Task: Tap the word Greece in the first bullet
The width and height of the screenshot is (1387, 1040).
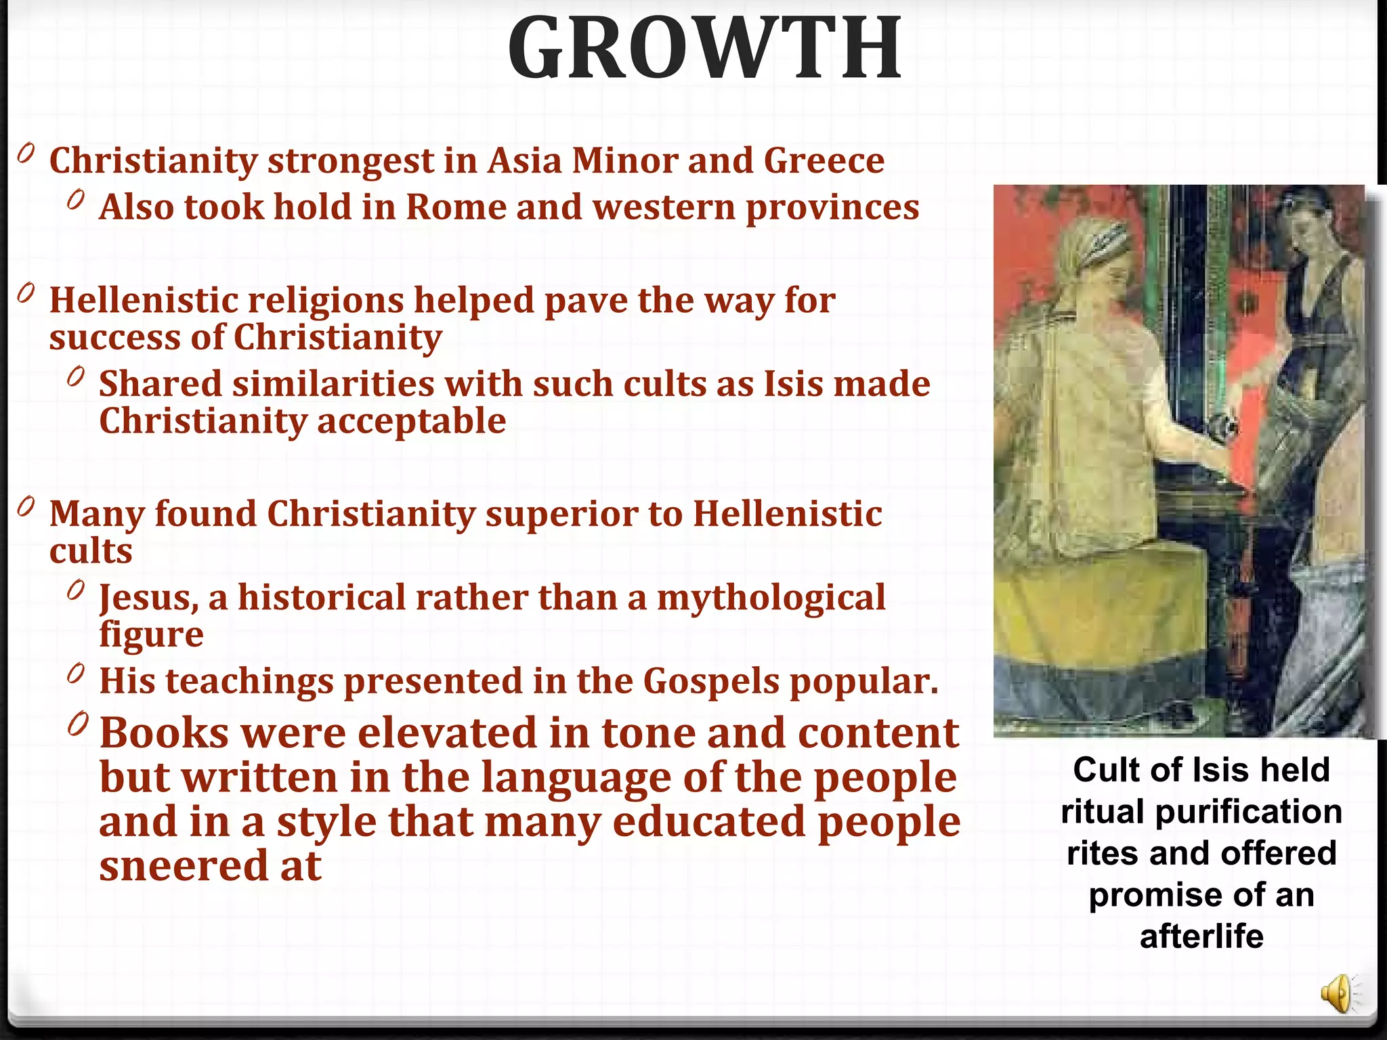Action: coord(824,161)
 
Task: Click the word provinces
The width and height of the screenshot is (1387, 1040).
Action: coord(832,209)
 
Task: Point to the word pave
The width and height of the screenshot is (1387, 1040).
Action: coord(586,301)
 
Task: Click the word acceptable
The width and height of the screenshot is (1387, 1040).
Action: coord(411,422)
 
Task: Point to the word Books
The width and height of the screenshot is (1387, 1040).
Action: coord(165,733)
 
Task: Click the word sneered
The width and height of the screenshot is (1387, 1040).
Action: coord(184,866)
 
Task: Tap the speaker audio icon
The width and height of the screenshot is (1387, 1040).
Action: coord(1337,995)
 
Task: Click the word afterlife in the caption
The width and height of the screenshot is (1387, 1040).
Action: coord(1201,936)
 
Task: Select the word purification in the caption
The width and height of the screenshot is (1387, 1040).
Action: coord(1248,812)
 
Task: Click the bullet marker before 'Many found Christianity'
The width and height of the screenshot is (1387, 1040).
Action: coord(26,507)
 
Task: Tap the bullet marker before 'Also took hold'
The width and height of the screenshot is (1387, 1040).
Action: coord(76,200)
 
